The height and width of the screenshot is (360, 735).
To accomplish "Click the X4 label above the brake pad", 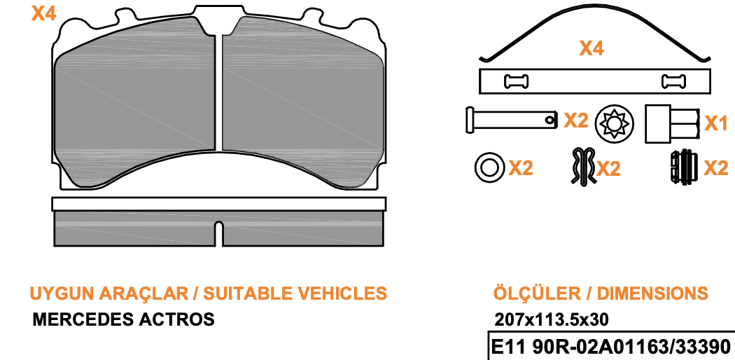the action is (43, 13).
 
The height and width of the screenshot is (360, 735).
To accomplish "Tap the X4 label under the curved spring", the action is (591, 48).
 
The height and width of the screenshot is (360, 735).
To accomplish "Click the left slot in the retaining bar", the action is (516, 81).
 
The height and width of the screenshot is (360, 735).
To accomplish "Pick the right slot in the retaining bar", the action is (673, 81).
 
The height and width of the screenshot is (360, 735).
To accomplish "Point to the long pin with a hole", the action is (512, 120).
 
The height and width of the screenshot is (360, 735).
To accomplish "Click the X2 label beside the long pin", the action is (575, 120).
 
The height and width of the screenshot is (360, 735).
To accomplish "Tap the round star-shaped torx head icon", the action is (615, 123).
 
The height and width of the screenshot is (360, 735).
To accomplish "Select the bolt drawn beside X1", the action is (672, 124).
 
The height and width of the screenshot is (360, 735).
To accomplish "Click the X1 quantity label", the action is (716, 123).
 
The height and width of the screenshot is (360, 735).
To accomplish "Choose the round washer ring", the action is (490, 167).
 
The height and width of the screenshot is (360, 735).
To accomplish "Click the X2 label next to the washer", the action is (521, 168).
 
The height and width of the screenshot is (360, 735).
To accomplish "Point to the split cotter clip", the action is (583, 166).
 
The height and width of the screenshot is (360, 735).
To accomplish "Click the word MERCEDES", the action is (83, 319).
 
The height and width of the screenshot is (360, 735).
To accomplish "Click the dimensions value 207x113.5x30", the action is (552, 319).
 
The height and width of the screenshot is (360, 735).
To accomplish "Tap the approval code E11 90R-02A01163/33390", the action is (610, 347).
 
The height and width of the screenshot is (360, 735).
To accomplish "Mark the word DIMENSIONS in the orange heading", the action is (652, 293).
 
